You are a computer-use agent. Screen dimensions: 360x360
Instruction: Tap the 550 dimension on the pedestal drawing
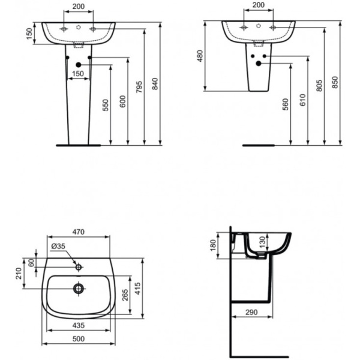coord(106,106)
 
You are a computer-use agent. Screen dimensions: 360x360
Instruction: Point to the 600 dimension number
coord(123,102)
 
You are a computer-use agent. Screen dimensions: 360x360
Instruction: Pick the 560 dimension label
coord(286,105)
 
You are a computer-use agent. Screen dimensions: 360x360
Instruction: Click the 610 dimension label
coord(303,101)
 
